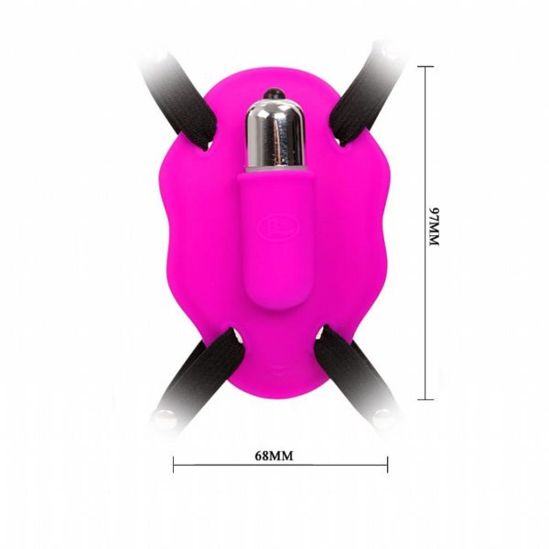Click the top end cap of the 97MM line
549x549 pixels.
[x=425, y=66]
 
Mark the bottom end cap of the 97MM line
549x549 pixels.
[x=425, y=399]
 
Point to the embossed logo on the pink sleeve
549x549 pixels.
[x=272, y=221]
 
